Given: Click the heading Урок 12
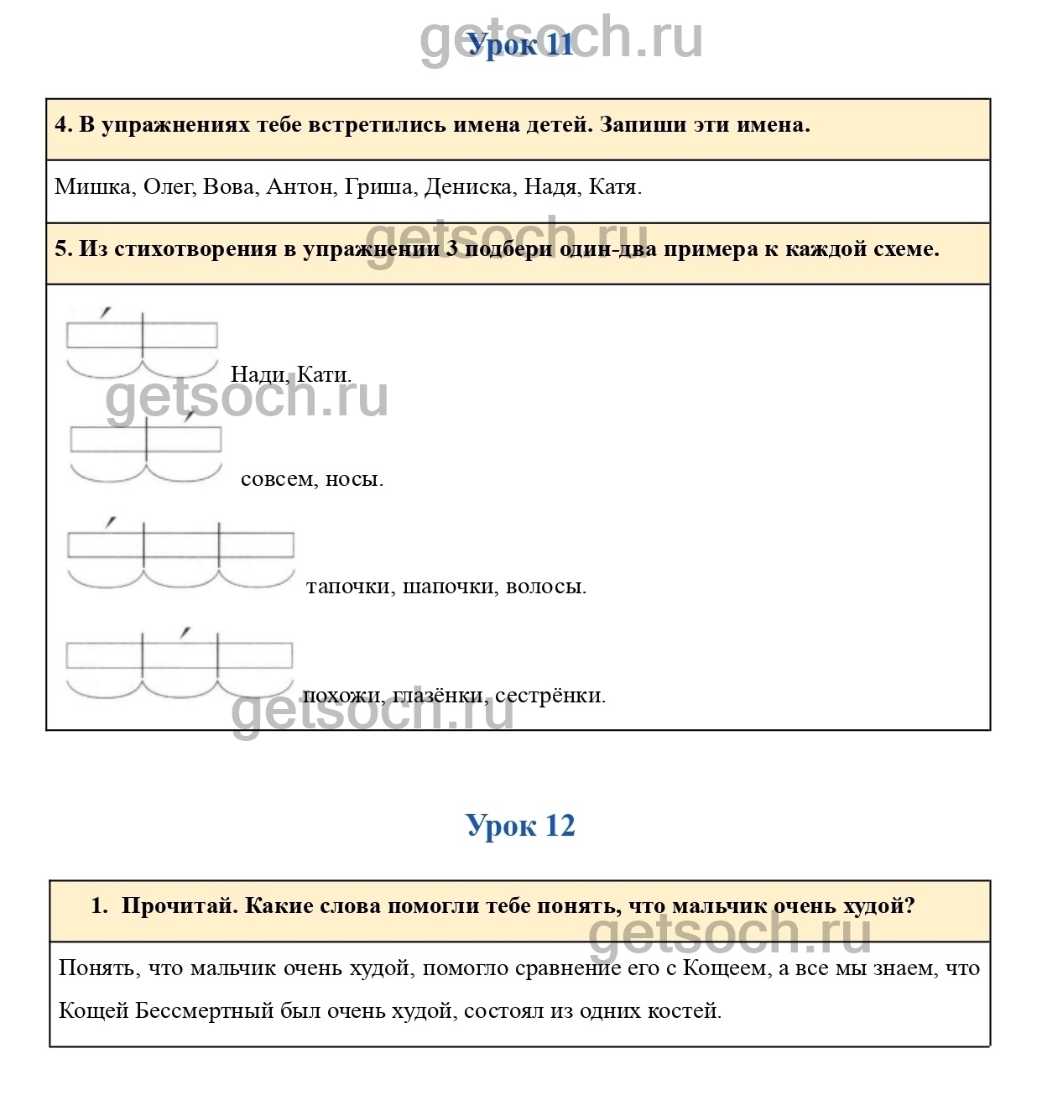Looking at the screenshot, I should (520, 826).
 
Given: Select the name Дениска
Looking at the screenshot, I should (468, 187).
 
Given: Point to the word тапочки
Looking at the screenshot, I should (349, 587).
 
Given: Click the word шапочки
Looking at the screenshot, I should (449, 587).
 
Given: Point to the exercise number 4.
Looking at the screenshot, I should (63, 125).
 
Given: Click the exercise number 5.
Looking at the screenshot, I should (63, 249).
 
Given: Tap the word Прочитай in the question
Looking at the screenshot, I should (180, 906).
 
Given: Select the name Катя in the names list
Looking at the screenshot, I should (614, 187).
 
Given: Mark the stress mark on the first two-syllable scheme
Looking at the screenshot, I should (105, 313).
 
